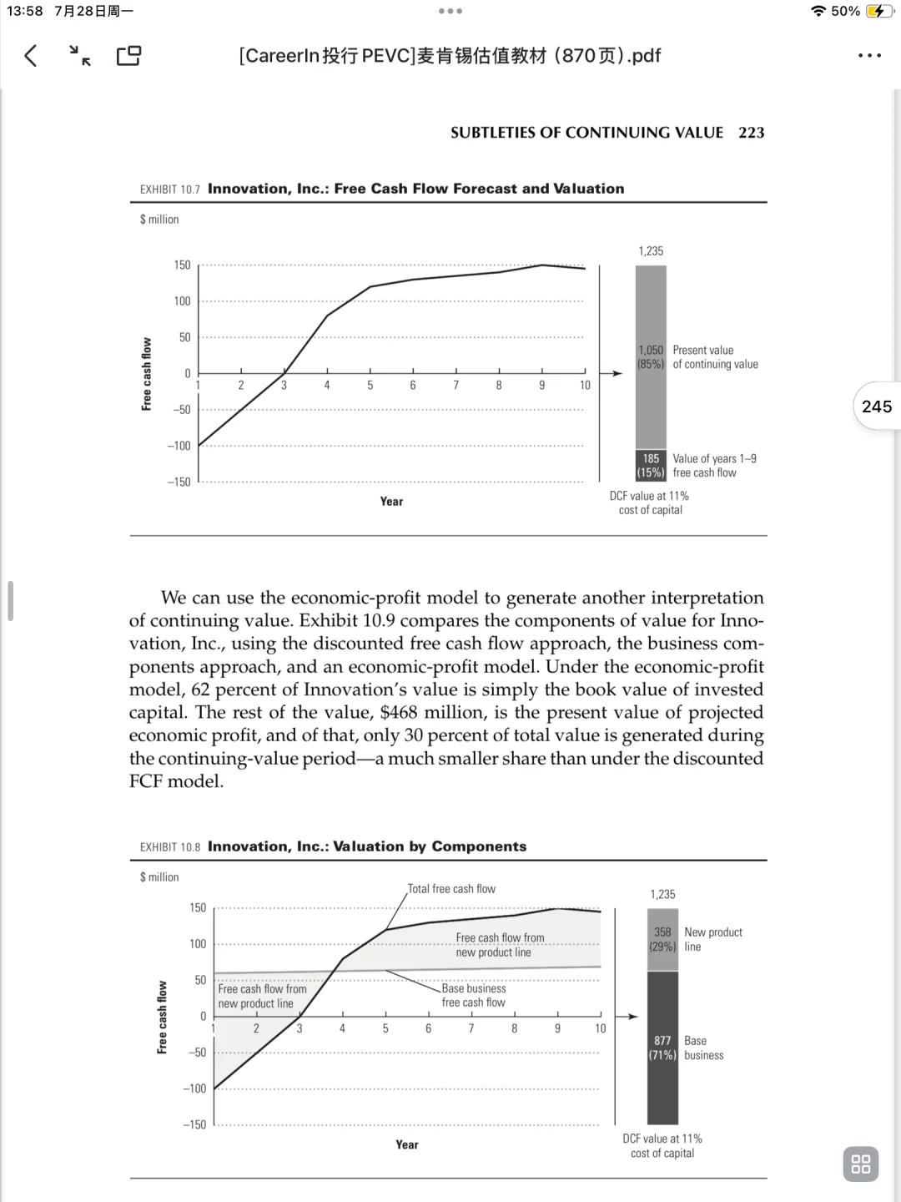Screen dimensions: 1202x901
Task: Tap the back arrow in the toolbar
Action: point(31,56)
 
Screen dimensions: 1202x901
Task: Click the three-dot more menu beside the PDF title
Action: point(869,56)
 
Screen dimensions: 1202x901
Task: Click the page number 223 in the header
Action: point(751,133)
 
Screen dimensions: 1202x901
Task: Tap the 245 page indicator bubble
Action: point(877,407)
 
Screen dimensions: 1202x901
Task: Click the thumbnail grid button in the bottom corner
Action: point(861,1164)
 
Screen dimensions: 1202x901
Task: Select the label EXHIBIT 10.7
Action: point(170,189)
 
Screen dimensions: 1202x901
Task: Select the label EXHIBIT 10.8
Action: point(170,847)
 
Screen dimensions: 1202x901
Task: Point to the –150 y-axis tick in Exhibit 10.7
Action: point(179,482)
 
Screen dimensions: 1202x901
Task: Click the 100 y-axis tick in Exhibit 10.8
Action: point(197,944)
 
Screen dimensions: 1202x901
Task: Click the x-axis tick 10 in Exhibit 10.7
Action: point(585,386)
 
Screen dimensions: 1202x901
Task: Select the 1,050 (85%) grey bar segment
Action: point(651,357)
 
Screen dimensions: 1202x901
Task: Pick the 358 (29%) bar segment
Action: point(662,940)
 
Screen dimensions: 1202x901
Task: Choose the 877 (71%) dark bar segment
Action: point(662,1048)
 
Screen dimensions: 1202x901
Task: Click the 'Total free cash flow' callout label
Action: point(451,889)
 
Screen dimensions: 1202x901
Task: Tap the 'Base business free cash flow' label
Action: point(474,996)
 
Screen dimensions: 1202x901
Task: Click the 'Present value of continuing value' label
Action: point(715,357)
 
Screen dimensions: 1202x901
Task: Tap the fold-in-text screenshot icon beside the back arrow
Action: point(80,56)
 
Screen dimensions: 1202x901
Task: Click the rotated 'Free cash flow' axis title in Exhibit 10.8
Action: point(163,1017)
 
